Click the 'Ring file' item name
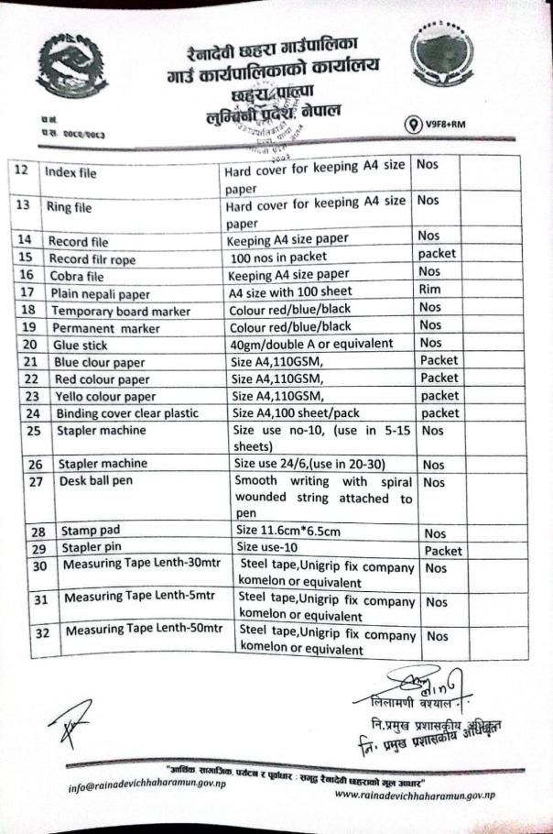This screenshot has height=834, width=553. click(69, 207)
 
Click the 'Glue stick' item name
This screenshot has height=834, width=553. click(78, 346)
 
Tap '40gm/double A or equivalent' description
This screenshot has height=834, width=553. click(310, 344)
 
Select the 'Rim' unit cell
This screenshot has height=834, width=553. click(430, 292)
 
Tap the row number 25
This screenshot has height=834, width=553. click(34, 430)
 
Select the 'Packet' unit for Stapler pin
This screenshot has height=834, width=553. click(442, 550)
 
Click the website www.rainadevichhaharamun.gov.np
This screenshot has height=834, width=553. click(414, 794)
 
